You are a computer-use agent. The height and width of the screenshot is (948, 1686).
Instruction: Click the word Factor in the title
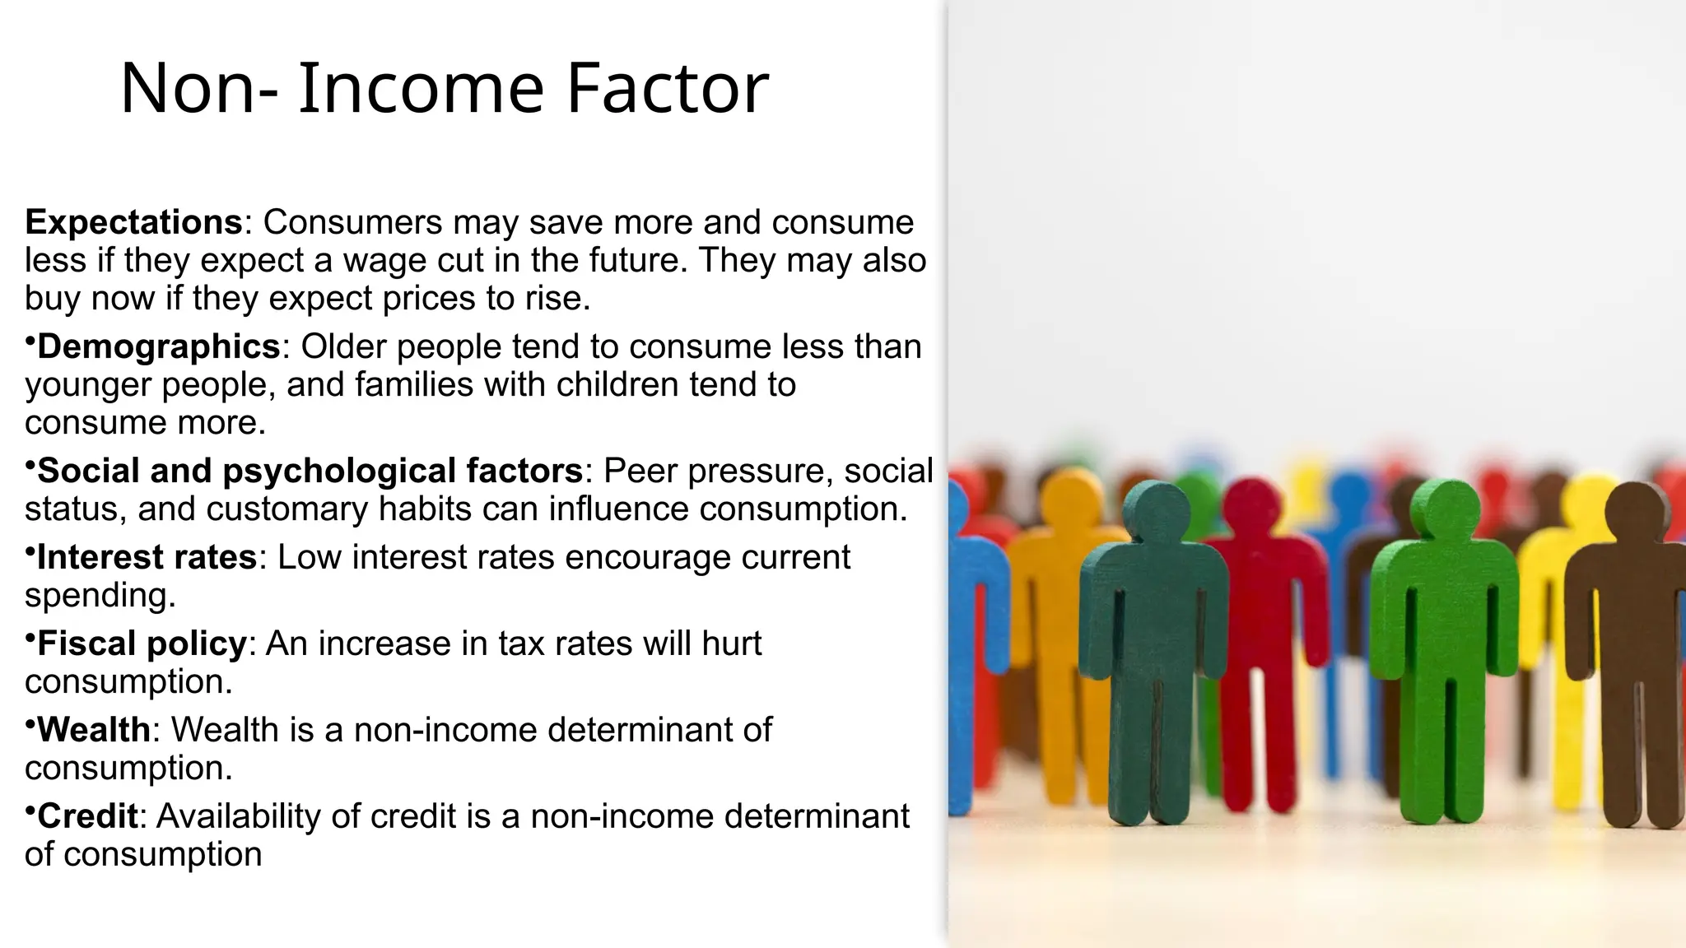point(667,88)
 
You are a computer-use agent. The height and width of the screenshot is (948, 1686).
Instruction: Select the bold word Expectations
point(134,222)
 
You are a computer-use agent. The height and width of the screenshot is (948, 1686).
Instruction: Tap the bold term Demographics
point(159,346)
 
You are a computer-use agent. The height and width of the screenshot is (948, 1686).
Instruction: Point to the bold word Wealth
point(94,730)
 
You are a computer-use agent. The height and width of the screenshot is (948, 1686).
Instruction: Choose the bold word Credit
point(87,816)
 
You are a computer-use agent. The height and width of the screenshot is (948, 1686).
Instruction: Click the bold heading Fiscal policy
point(142,644)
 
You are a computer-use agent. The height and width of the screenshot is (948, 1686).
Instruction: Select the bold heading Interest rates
point(147,557)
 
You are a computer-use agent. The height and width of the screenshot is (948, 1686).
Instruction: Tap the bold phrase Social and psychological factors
point(310,471)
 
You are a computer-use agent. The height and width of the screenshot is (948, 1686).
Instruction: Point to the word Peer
point(640,471)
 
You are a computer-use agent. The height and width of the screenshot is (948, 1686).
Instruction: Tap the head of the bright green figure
point(1445,509)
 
